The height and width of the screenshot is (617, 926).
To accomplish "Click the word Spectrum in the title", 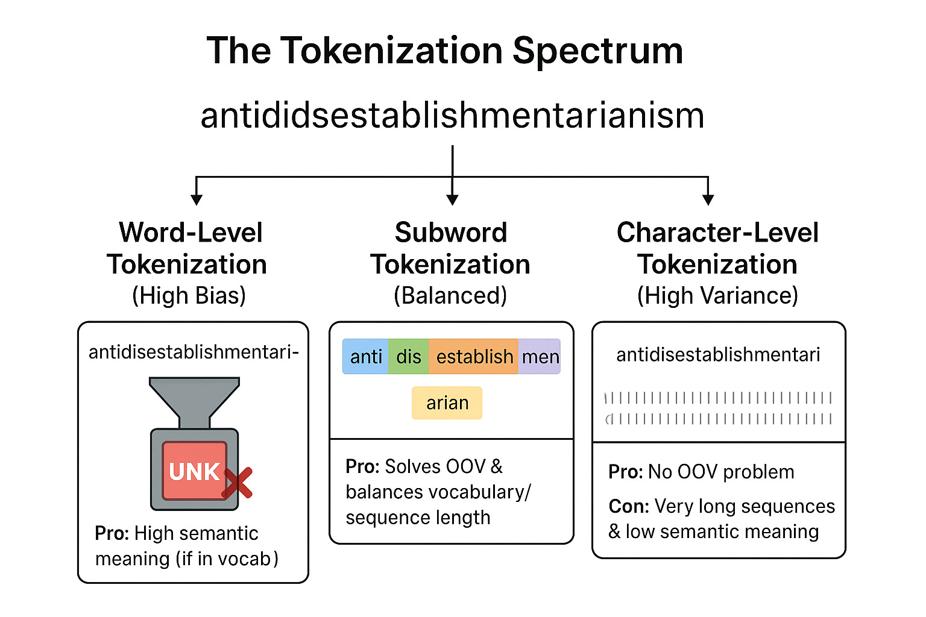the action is (597, 51).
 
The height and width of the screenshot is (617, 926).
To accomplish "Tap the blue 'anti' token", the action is (366, 357).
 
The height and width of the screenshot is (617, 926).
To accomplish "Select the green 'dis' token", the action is (409, 357).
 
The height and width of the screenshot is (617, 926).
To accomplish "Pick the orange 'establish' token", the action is (474, 357).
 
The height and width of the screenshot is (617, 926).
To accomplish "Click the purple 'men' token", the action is (540, 357).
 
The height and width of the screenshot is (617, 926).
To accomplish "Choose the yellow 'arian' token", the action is (447, 402).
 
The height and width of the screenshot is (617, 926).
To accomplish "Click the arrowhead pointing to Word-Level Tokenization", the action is (196, 199).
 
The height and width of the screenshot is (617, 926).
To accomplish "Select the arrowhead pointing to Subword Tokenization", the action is (452, 199).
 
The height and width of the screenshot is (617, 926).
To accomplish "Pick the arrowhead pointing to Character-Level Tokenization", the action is (708, 199).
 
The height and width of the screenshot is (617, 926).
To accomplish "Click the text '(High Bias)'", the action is (189, 295).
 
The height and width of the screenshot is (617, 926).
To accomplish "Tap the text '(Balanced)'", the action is (450, 295).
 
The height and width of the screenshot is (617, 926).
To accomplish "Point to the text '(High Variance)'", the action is (717, 295).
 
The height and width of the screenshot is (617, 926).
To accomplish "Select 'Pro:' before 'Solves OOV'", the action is (362, 466).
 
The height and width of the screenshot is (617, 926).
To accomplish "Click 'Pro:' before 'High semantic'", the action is (112, 533).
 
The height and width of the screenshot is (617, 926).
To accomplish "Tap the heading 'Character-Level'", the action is (717, 233).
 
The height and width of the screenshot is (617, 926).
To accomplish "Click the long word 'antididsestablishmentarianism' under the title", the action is (452, 116).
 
